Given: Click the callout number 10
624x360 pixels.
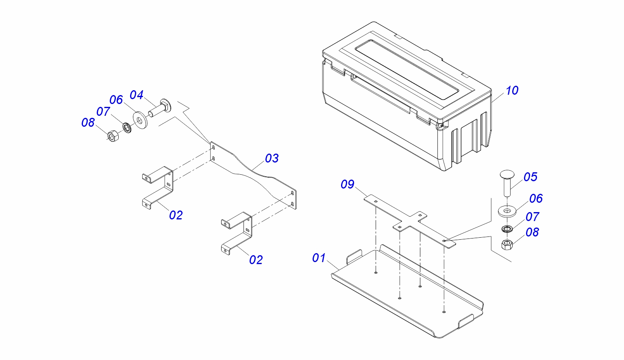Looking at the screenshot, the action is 512,91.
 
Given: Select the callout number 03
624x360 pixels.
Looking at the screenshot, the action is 272,158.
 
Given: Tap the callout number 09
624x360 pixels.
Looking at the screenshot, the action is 348,184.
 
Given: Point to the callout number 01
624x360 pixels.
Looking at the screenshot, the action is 319,258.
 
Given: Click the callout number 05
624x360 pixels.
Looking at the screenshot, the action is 531,177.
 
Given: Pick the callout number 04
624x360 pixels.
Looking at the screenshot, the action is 137,95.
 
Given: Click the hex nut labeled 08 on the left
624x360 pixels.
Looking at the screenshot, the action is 113,136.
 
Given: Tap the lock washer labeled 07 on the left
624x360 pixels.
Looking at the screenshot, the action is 127,127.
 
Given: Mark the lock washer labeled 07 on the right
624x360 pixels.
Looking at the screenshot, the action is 507,229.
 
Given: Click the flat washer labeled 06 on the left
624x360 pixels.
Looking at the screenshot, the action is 140,120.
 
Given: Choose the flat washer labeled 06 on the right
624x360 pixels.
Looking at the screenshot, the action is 507,211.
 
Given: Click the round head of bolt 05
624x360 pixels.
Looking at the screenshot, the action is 507,174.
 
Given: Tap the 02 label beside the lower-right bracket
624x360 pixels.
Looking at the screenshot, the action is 256,260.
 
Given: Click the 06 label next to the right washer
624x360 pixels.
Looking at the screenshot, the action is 536,199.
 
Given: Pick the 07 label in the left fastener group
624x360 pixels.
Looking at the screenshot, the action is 103,112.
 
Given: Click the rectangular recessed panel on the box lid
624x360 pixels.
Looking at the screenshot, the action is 407,69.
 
